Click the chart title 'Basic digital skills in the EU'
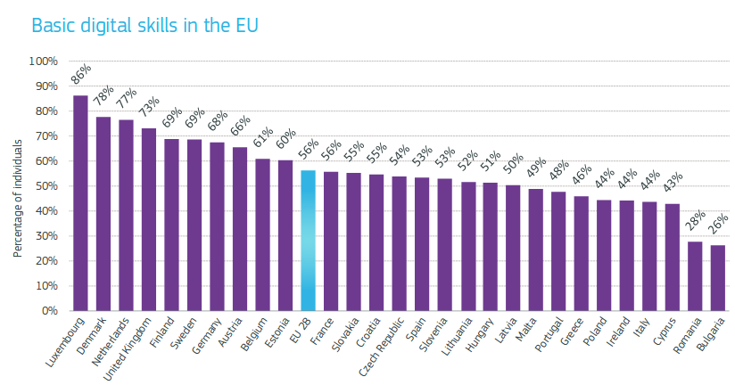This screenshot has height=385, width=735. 145,25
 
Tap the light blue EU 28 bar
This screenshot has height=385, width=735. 308,241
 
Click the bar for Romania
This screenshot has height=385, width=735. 695,276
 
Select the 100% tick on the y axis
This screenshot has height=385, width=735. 43,61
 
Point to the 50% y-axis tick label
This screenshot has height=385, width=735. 45,186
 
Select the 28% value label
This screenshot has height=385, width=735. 697,221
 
